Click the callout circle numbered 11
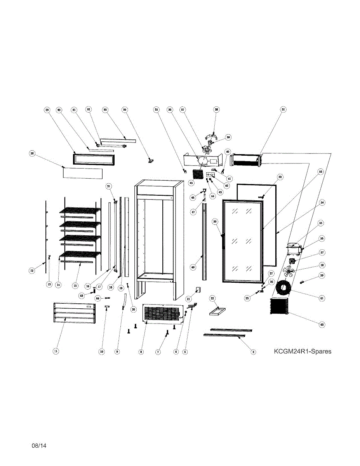[x=56, y=351]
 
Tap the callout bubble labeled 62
[x=322, y=324]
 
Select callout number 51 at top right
[x=283, y=110]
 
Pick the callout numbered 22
[x=212, y=298]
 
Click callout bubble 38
[x=217, y=110]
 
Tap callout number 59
[x=322, y=275]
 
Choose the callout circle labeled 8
[x=141, y=352]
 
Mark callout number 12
[x=32, y=271]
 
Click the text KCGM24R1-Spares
[x=303, y=351]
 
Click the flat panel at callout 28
[x=83, y=173]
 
